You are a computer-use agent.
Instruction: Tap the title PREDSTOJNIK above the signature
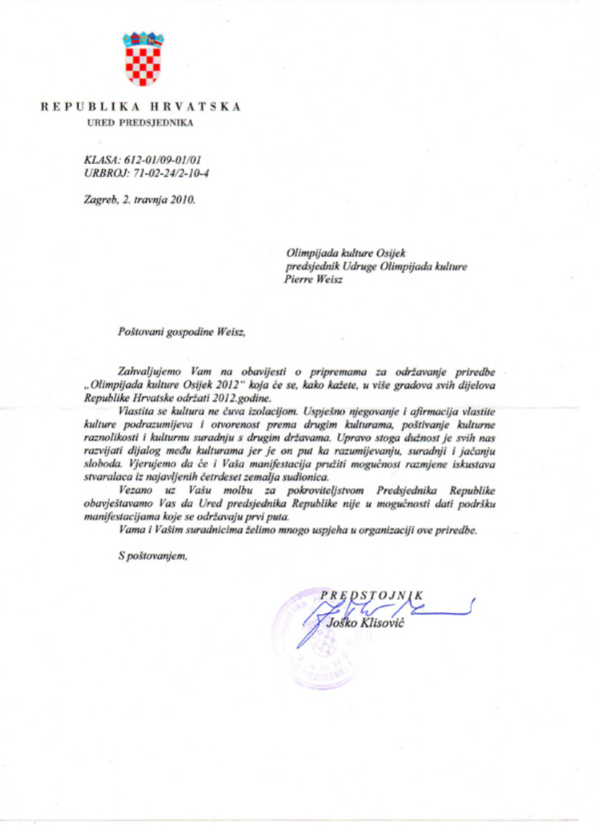tap(372, 594)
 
